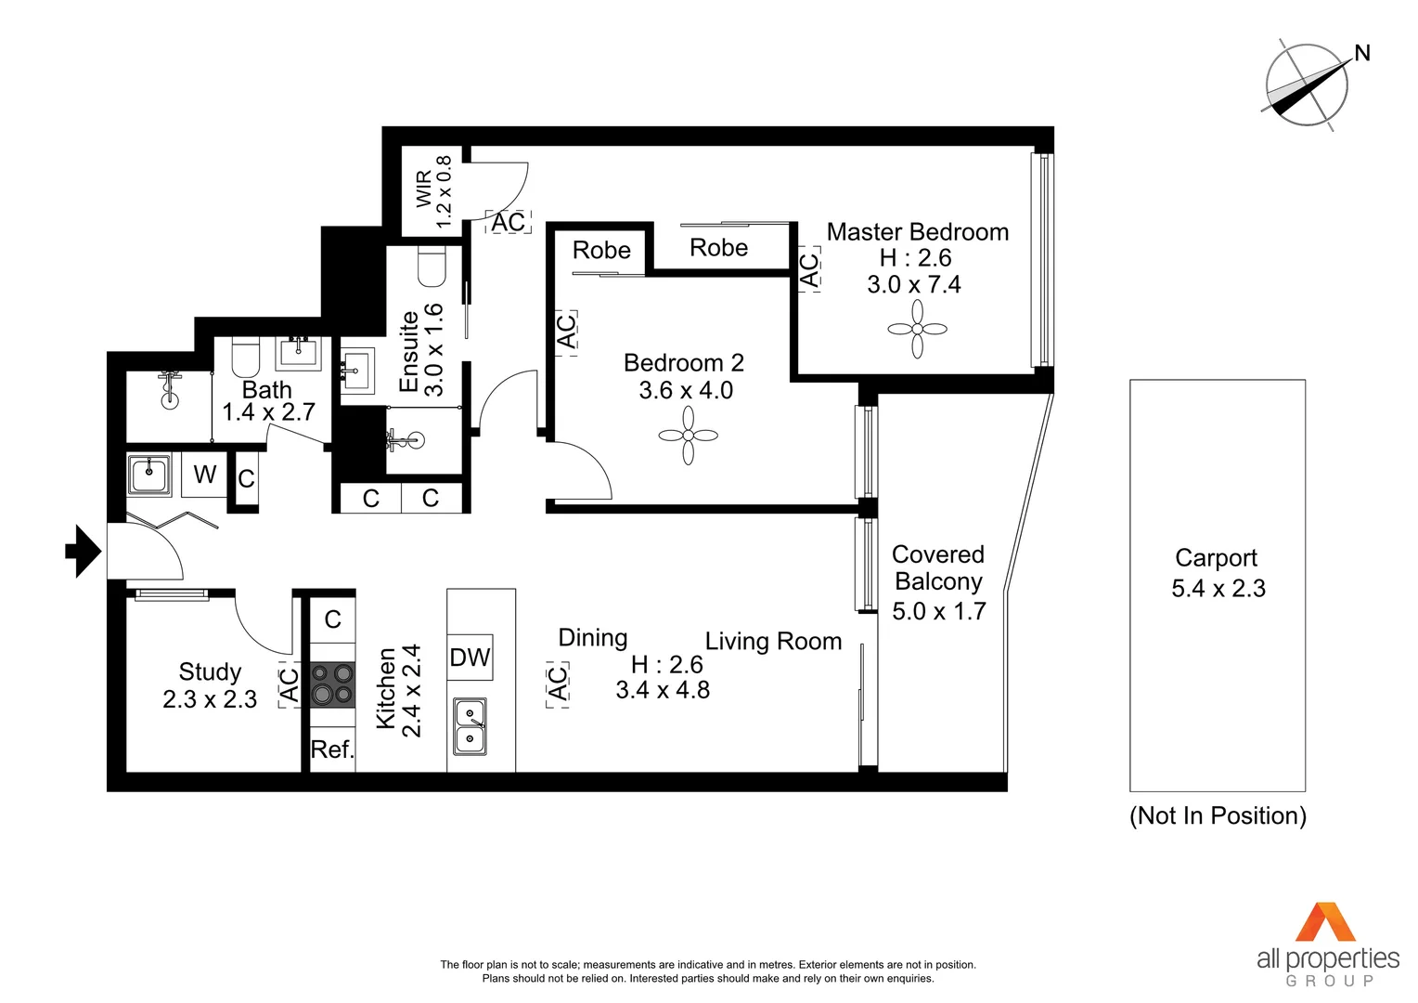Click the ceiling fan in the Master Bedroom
tap(917, 329)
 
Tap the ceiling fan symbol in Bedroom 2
tap(688, 435)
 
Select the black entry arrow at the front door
tap(84, 552)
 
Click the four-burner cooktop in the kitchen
tap(332, 684)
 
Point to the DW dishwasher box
tap(470, 658)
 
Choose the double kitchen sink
tap(470, 726)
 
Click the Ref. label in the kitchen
tap(332, 749)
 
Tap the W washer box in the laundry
tap(204, 475)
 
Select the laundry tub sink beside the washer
tap(149, 475)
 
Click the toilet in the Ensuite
tap(432, 267)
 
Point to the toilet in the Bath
tap(246, 358)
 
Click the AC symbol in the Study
tap(290, 685)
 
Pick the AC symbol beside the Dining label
tap(557, 685)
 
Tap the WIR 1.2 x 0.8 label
tap(434, 191)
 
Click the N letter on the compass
tap(1362, 53)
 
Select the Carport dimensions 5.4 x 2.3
tap(1218, 589)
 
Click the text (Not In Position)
tap(1218, 815)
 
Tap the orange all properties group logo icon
tap(1326, 922)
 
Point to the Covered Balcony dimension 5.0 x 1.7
tap(938, 611)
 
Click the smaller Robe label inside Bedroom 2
tap(601, 251)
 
